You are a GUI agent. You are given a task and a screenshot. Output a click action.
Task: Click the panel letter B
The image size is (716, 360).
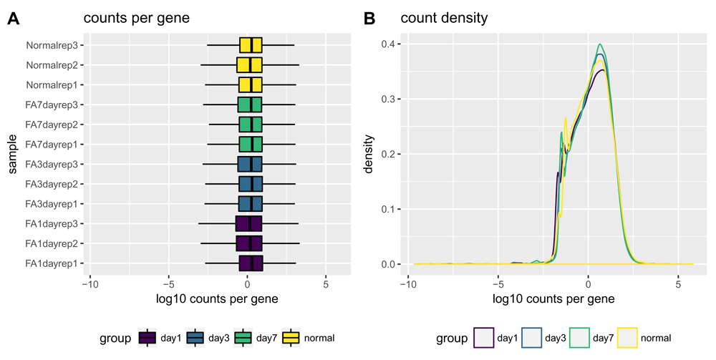[x=369, y=19]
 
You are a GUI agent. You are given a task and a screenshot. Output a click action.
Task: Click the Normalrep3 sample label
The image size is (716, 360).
[x=52, y=45]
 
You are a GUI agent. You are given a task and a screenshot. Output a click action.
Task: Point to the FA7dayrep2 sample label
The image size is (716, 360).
[x=52, y=125]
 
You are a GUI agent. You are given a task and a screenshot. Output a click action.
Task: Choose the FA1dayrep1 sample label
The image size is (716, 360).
[x=52, y=263]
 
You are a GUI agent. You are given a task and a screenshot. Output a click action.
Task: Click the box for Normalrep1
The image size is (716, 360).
[x=251, y=85]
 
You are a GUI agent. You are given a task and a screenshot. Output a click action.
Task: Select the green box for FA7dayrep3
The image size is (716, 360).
[x=250, y=105]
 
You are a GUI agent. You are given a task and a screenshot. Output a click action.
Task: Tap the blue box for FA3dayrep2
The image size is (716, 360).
[x=251, y=184]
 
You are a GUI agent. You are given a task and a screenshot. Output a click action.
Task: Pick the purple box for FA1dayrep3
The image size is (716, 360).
[x=248, y=224]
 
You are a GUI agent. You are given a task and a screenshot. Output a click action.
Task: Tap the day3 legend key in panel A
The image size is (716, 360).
[x=195, y=337]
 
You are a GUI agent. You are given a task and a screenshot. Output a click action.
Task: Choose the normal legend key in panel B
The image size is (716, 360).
[x=628, y=337]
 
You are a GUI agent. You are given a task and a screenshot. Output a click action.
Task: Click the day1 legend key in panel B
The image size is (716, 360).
[x=483, y=337]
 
